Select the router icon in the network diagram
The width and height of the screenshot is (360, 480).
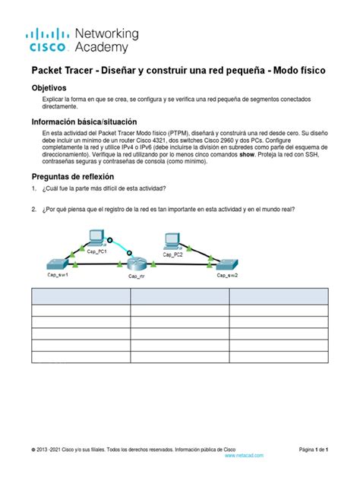click(x=137, y=264)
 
